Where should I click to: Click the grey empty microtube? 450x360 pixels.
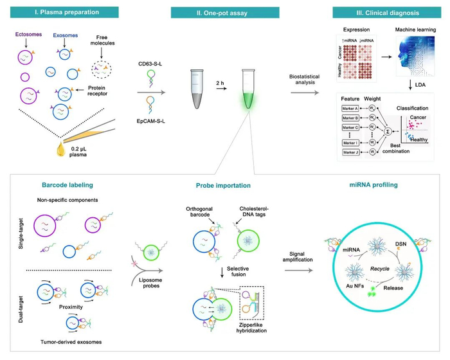[193, 90]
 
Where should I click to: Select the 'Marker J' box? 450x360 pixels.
[344, 152]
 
